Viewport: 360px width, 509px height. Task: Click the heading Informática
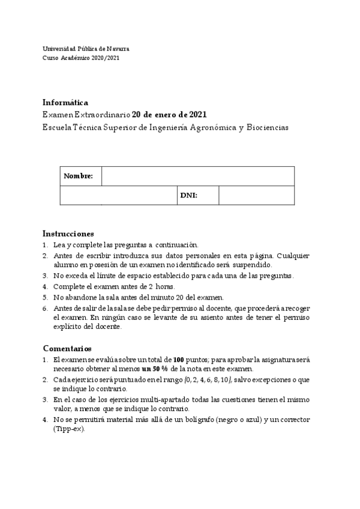[65, 102]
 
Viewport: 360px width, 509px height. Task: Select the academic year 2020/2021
[106, 58]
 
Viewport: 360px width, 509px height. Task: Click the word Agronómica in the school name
[213, 127]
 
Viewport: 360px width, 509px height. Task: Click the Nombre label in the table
[78, 176]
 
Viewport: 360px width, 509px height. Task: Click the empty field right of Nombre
[198, 176]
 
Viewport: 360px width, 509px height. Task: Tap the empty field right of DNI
[256, 196]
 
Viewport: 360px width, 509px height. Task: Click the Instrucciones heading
[68, 233]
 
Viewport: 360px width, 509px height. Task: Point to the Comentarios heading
[67, 348]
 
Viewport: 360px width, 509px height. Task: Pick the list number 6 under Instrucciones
[45, 308]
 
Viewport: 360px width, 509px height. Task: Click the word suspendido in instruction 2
[254, 265]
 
